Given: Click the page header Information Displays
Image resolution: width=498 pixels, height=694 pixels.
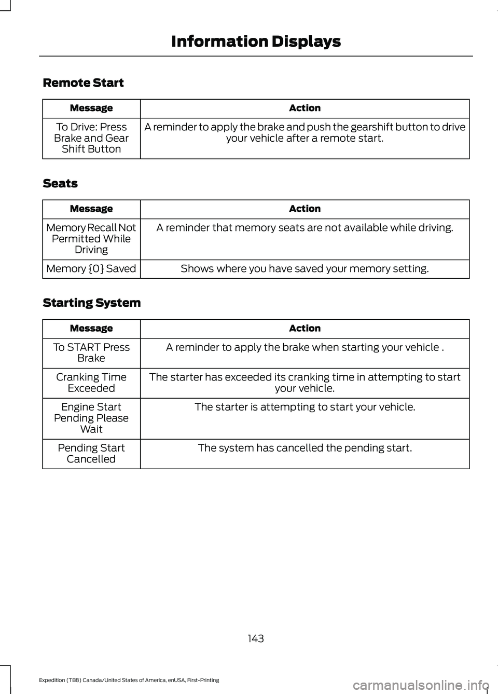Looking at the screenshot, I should coord(256,42).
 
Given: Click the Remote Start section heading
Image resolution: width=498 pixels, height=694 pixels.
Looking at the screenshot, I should coord(83,83).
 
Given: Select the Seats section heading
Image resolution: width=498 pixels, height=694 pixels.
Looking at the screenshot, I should coord(60,184).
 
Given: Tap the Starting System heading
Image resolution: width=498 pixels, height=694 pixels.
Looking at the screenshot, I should coord(91,303).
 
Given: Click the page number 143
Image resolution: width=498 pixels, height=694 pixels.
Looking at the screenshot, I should coord(256,638).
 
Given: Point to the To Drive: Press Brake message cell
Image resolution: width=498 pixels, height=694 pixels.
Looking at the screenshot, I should coord(91,138).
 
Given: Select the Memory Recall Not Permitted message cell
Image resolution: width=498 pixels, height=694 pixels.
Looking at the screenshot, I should coord(91,239).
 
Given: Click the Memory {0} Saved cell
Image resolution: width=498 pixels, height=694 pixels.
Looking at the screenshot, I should coord(91,269).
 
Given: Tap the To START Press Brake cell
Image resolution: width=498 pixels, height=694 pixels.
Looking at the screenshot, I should coord(91,353).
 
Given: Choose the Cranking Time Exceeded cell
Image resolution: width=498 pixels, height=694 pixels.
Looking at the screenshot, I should coord(91,383).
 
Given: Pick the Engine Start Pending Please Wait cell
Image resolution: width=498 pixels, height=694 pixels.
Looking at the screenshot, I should coord(91,418).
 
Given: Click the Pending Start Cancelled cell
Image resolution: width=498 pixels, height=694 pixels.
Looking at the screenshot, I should coord(91,453).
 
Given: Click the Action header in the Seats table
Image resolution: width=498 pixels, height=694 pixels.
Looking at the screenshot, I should coord(305,209).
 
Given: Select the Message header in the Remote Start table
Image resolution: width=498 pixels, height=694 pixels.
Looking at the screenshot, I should coord(91,108).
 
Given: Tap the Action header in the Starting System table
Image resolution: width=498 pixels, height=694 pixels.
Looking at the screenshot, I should coord(305,329).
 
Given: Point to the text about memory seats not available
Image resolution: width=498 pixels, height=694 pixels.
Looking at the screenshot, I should coord(305,228).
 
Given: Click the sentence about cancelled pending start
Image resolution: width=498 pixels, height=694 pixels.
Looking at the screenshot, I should coord(305,448).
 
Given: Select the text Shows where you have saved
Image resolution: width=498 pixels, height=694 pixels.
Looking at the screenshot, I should coord(305,269).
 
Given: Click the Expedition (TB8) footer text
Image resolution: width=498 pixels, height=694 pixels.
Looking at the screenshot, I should coord(129,680).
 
